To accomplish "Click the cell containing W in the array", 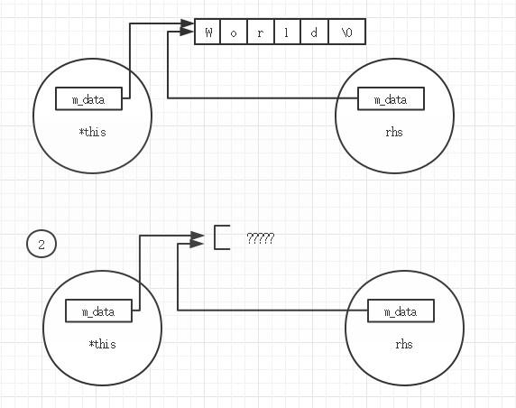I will (x=208, y=32).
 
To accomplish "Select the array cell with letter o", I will (x=234, y=32).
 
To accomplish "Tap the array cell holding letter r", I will (x=261, y=32).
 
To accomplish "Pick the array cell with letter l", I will (x=288, y=32).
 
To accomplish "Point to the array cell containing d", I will (x=315, y=32).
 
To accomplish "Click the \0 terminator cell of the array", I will (x=347, y=32).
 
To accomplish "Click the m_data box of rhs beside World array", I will (x=391, y=99).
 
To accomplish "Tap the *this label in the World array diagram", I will (x=92, y=132).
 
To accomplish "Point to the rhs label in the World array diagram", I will (x=393, y=132).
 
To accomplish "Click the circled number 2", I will (x=41, y=243).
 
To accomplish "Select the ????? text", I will (x=260, y=238).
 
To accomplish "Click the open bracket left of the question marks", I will (x=221, y=236).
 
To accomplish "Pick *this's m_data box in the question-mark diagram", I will (x=99, y=311).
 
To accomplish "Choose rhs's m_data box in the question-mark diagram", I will (x=401, y=311).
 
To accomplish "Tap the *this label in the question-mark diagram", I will (x=102, y=344).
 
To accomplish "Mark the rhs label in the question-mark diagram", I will (x=403, y=344).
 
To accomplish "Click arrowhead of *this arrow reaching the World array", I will (x=189, y=24).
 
